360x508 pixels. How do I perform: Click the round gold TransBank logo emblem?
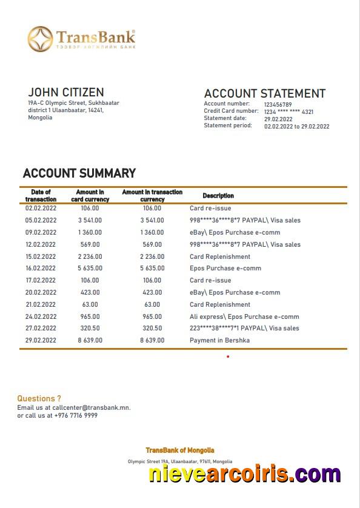tap(40, 39)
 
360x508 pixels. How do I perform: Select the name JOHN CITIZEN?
tap(65, 92)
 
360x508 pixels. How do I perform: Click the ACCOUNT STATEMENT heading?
tap(264, 93)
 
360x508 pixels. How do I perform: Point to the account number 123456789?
tap(278, 104)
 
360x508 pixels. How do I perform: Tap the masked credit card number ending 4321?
tap(288, 112)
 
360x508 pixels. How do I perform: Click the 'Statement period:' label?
tap(228, 125)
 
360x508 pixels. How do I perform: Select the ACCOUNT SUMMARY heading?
tap(79, 173)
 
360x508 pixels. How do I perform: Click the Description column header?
tap(218, 196)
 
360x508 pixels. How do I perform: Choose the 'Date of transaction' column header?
tap(41, 196)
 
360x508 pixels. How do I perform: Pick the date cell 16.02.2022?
tap(41, 269)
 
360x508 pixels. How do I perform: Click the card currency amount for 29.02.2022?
tap(90, 341)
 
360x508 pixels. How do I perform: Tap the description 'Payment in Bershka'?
tap(219, 341)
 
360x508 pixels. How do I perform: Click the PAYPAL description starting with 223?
tap(244, 329)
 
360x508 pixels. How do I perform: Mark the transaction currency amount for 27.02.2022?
tap(152, 329)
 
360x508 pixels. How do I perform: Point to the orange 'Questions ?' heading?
tap(39, 398)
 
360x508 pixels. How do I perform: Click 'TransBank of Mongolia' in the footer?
tap(179, 450)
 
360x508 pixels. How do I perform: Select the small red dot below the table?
tap(228, 356)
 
